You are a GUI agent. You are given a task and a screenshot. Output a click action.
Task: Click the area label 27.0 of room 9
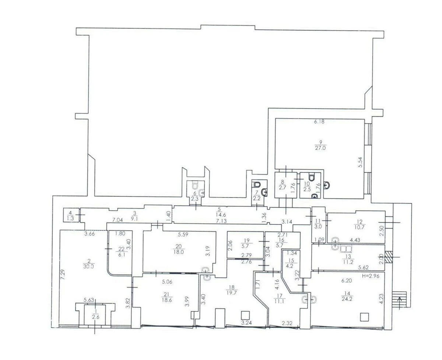click(320, 148)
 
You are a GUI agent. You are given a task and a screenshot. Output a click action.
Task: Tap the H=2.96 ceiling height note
click(371, 276)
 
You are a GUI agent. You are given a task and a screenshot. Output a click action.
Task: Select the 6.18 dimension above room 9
click(319, 122)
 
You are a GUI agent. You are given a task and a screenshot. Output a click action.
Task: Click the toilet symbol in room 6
click(194, 185)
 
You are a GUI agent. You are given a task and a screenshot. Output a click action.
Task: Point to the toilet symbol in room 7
click(257, 184)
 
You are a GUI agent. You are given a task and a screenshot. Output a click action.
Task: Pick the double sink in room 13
click(346, 249)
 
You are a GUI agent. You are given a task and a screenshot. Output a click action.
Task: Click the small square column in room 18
click(245, 315)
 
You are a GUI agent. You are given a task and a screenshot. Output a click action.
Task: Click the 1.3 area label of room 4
click(71, 218)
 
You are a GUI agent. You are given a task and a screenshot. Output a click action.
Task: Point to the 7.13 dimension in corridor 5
click(221, 221)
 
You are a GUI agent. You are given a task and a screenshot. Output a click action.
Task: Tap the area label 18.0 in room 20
click(179, 252)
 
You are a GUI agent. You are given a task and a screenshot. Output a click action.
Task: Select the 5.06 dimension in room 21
click(167, 282)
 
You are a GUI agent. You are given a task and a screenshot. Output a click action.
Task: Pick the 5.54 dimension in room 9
click(361, 162)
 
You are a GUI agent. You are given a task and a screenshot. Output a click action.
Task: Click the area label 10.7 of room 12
click(359, 227)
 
